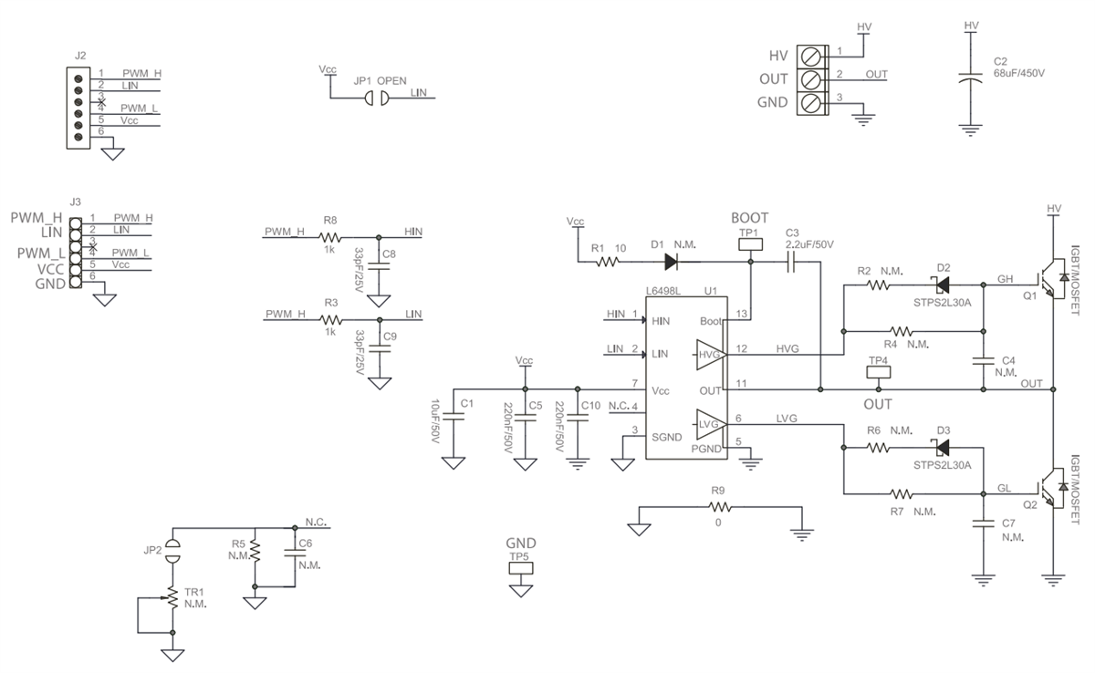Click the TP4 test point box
[x=878, y=372]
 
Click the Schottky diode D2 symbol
[x=943, y=284]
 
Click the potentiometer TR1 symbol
[x=171, y=599]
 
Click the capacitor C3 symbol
[x=791, y=262]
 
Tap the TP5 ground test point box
[x=520, y=567]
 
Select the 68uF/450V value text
[x=1018, y=73]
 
